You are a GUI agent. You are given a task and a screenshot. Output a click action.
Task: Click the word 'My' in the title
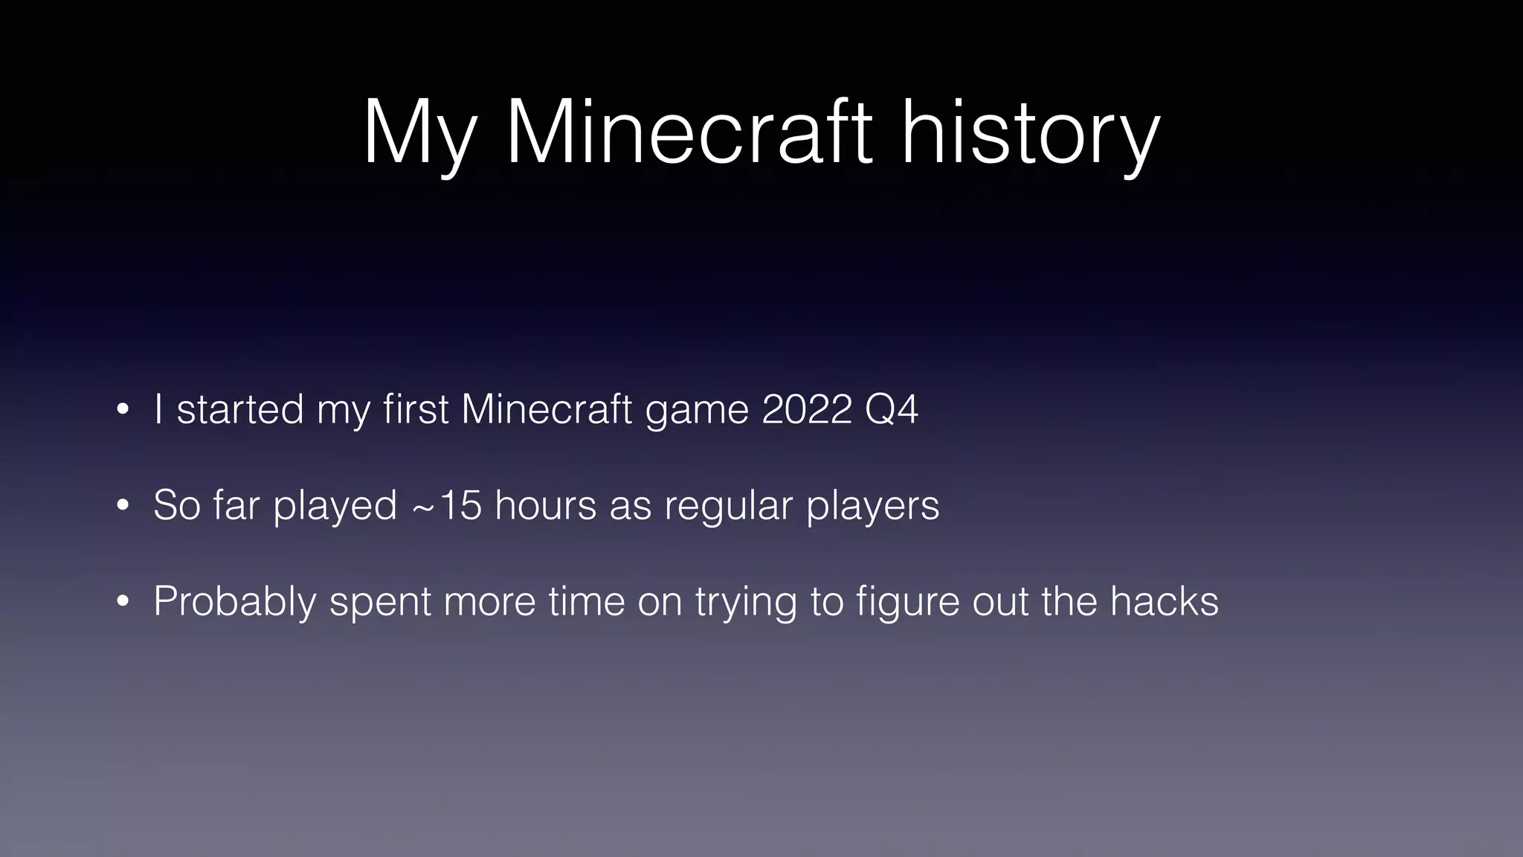[x=419, y=134]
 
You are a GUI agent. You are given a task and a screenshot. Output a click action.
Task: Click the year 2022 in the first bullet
[x=807, y=409]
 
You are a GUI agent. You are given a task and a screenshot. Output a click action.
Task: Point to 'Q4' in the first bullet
[x=892, y=409]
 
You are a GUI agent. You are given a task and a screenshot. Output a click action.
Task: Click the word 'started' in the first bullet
[x=240, y=409]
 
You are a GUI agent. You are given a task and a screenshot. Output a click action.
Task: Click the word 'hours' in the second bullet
[x=545, y=505]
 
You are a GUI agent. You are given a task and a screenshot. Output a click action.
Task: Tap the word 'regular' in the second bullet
[x=729, y=507]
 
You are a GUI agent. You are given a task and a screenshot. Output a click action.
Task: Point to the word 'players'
[x=873, y=507]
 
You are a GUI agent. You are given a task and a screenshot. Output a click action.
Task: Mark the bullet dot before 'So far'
[x=123, y=506]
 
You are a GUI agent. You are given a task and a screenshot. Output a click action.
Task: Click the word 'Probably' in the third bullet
[x=235, y=602]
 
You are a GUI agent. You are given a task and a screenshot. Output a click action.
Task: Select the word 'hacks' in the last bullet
[x=1165, y=601]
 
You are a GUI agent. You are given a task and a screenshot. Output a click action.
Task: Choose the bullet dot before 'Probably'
[x=123, y=602]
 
